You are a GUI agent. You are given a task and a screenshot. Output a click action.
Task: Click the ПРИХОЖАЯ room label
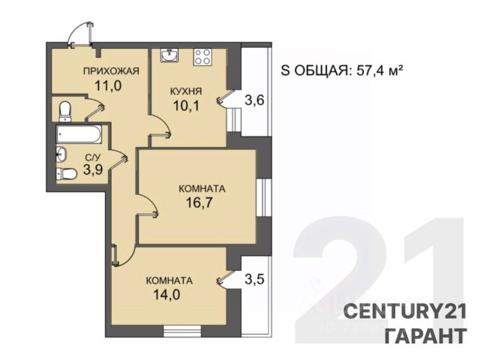click(x=111, y=71)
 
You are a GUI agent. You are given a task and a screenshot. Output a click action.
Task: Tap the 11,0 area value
click(x=108, y=85)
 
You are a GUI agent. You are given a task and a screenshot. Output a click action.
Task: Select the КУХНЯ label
click(x=186, y=91)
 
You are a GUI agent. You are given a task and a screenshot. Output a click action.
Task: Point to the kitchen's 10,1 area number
click(x=186, y=106)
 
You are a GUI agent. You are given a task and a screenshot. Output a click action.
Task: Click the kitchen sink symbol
click(x=169, y=55)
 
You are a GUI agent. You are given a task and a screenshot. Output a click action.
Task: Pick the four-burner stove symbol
click(x=202, y=57)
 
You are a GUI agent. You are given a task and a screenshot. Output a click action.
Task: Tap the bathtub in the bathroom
click(x=79, y=135)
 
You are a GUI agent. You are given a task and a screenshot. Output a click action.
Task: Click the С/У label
click(x=92, y=158)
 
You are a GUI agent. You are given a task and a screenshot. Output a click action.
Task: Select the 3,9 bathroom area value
click(x=93, y=169)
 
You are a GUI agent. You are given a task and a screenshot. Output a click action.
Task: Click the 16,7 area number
click(x=199, y=202)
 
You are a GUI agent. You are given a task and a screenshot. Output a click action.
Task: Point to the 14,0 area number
click(x=166, y=295)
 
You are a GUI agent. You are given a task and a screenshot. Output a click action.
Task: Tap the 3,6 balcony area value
click(x=254, y=100)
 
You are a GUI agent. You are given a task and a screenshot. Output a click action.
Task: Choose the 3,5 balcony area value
click(x=254, y=279)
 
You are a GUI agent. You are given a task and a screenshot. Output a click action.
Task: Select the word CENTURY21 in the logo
click(x=405, y=311)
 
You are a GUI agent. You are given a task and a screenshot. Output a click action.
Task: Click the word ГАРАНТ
click(x=426, y=335)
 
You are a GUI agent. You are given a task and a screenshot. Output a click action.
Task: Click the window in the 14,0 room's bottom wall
click(x=182, y=331)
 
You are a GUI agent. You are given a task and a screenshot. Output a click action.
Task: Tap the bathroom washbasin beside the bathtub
click(x=61, y=154)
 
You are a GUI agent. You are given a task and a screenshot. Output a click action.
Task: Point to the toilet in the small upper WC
click(x=65, y=112)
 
